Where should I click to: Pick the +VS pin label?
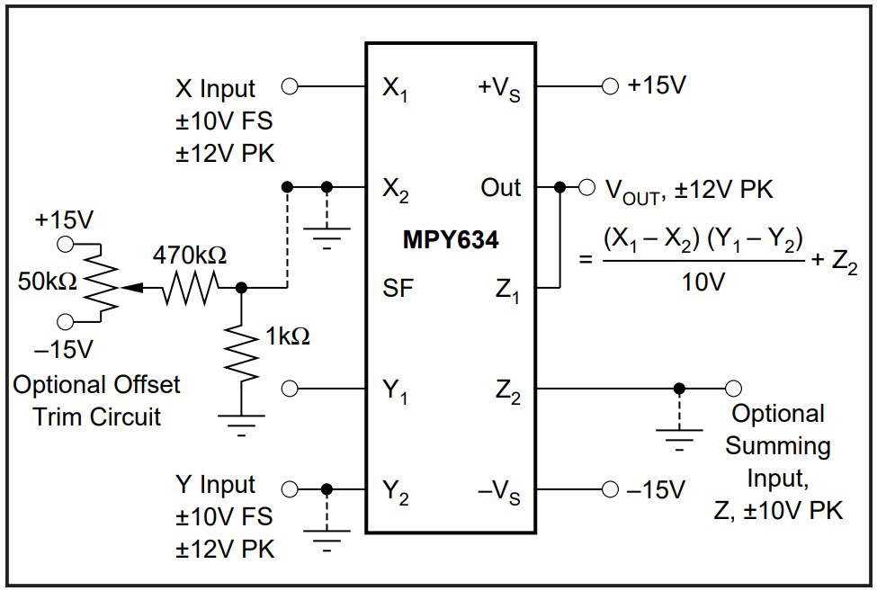click(x=499, y=89)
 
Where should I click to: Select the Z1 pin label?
click(x=508, y=290)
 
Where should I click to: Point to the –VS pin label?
click(x=498, y=491)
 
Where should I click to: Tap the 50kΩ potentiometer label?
click(x=48, y=282)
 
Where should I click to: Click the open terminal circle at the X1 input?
click(x=290, y=86)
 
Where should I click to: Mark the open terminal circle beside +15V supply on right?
click(x=610, y=86)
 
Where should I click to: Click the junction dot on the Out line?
click(x=560, y=187)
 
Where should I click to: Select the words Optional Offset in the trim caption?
click(x=96, y=385)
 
